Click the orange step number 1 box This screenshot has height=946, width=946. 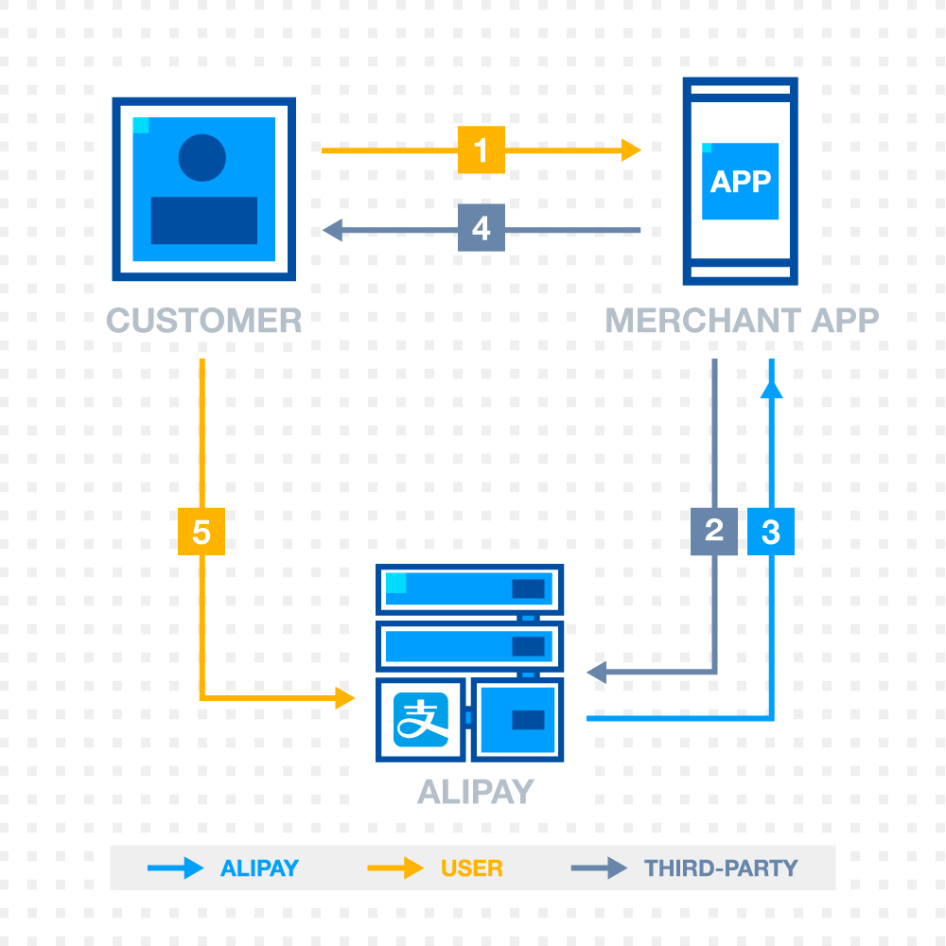pos(482,150)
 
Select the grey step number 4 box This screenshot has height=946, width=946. pos(482,229)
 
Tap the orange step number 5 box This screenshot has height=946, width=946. pos(201,532)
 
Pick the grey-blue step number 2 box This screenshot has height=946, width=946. pos(714,531)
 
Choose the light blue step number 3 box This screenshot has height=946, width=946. pos(771,532)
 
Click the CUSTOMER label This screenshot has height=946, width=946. pos(204,321)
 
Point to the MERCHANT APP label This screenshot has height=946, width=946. pos(742,321)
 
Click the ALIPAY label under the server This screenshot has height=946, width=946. pos(476,791)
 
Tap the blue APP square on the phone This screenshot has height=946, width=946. pos(740,181)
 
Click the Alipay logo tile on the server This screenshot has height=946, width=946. pos(421,720)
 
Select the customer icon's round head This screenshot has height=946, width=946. pos(202,158)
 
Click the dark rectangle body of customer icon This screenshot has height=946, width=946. pos(204,220)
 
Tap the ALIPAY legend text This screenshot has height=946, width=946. pos(259,867)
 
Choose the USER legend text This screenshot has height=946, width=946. pos(471,867)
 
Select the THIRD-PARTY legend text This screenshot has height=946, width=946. pos(721,867)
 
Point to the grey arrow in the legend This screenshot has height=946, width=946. pos(599,867)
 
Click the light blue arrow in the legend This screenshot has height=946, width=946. pos(176,867)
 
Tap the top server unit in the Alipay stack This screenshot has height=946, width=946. pos(469,588)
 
